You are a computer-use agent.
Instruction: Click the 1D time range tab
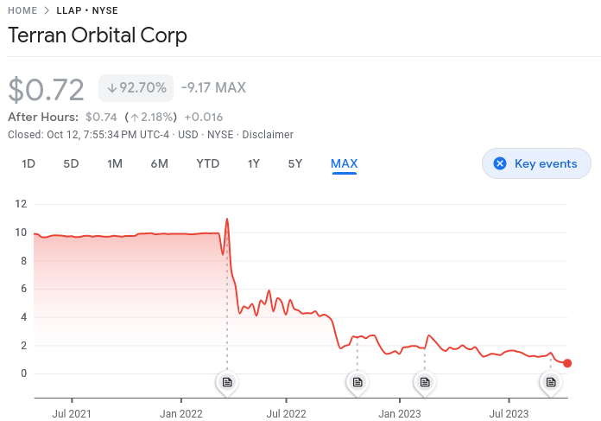click(x=28, y=163)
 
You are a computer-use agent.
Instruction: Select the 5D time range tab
click(x=71, y=163)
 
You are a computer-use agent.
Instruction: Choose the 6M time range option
click(x=159, y=163)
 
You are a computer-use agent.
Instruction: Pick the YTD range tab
click(x=207, y=163)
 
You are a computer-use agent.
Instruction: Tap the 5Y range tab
click(x=295, y=163)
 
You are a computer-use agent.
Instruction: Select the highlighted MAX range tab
click(x=344, y=163)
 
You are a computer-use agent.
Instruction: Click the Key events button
click(x=536, y=163)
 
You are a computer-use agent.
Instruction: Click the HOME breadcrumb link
click(x=22, y=10)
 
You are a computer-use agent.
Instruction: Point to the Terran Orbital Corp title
click(x=98, y=36)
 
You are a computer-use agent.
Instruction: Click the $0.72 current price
click(x=46, y=89)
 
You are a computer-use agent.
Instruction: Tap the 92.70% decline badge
click(x=136, y=87)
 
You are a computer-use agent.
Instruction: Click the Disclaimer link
click(x=268, y=134)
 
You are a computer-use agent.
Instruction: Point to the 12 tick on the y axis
click(x=22, y=204)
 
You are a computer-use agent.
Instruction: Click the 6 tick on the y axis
click(x=23, y=289)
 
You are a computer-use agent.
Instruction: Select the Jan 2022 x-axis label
click(x=180, y=414)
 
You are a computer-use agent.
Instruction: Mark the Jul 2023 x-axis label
click(x=508, y=414)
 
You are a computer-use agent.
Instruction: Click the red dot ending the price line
click(x=567, y=363)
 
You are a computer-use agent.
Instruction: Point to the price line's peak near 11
click(x=227, y=219)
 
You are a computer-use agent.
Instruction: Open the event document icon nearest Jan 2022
click(x=227, y=381)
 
